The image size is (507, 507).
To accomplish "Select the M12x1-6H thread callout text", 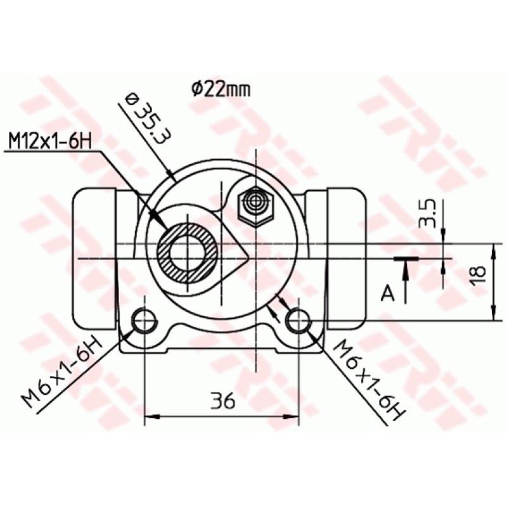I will pos(48,140).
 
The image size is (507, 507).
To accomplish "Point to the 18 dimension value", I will pos(479,273).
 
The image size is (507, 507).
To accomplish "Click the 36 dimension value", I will pos(222,401).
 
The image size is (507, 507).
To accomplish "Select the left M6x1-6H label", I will pos(62,374).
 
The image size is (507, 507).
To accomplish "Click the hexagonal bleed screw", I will pos(256,205).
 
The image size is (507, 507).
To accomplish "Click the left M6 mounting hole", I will pos(144,321).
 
